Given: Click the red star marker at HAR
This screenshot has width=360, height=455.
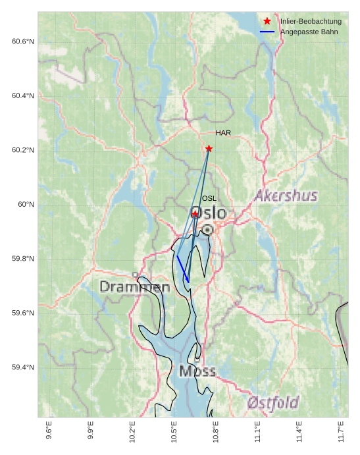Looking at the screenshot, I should (x=209, y=149).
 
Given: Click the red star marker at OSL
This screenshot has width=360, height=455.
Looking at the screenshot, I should (x=195, y=214).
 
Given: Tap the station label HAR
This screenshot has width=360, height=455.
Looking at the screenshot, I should (x=223, y=133).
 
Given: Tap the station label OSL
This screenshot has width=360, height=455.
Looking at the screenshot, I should (x=209, y=198).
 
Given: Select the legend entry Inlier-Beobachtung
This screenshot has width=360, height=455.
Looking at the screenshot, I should (x=311, y=22).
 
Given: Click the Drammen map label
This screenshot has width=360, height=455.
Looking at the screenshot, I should (x=135, y=287).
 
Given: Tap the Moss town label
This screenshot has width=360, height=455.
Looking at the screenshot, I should (x=197, y=371).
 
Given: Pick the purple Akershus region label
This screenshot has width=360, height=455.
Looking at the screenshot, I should (x=286, y=196).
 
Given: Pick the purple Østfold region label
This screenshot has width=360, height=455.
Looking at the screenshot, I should (x=273, y=402).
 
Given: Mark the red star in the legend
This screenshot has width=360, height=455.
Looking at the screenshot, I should (x=267, y=22).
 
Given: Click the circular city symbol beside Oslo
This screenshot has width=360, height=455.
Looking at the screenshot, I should (x=207, y=229).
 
